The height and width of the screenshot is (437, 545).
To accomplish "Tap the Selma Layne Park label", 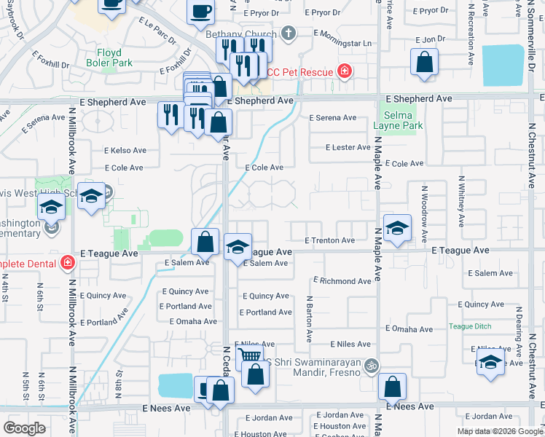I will pos(398,120).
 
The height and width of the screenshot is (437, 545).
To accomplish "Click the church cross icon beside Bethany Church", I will pos(289,34).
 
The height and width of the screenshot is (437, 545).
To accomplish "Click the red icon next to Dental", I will pos(68,261).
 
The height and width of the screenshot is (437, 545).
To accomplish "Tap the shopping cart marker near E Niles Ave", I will pos(250,356).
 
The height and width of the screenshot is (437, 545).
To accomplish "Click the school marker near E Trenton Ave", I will pos(397,229).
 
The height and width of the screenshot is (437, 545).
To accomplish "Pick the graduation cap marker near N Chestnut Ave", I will pos(490,363).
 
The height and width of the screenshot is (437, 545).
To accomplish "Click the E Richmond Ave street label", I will pos(342,281).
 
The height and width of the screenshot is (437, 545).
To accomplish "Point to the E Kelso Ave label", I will pos(125,151).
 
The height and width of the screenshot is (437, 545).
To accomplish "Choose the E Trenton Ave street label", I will pos(329,240).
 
